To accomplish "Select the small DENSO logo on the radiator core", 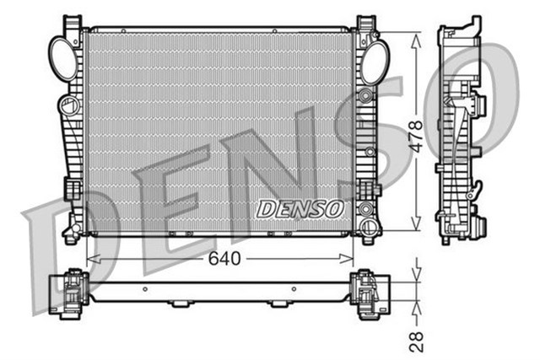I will point(300,207).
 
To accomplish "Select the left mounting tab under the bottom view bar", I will point(181,304).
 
